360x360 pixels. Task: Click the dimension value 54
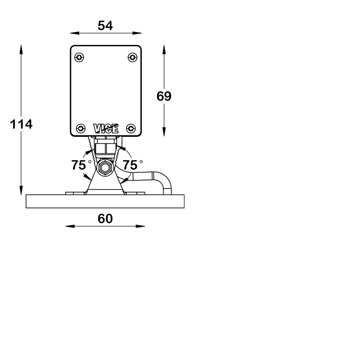point(105,26)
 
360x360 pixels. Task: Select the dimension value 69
point(164,96)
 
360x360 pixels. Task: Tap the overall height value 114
point(21,124)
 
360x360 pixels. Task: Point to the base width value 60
point(105,219)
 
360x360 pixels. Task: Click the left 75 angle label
point(78,165)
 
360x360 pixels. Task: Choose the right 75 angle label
point(130,165)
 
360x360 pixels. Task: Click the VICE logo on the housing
point(106,129)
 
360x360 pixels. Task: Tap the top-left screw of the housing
point(79,57)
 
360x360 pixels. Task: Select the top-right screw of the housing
point(132,57)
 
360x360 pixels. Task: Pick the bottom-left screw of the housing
point(81,128)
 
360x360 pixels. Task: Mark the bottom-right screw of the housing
point(131,128)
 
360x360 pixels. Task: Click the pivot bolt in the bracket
point(105,167)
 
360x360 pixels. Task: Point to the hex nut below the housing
point(106,148)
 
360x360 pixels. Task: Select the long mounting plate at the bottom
point(105,201)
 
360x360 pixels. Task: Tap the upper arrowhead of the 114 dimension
point(21,49)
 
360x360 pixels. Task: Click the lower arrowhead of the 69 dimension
point(164,132)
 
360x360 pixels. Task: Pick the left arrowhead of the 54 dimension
point(75,33)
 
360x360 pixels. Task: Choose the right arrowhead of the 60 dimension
point(140,226)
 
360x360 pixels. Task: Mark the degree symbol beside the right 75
point(141,162)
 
